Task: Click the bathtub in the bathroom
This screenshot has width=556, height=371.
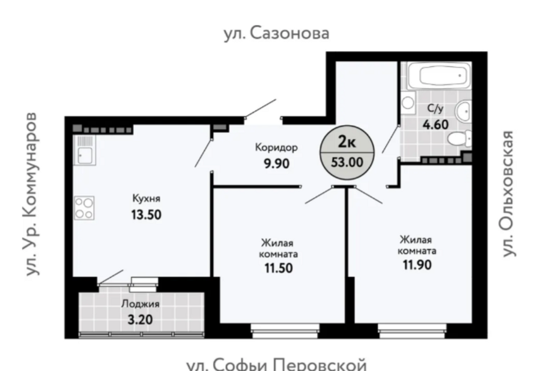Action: point(440,75)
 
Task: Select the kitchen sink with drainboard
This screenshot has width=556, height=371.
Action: point(85,150)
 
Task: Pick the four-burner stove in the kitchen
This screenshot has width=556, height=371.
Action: point(85,208)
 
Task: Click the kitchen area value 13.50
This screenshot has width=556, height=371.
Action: point(146,215)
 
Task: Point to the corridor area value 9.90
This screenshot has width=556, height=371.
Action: point(276,163)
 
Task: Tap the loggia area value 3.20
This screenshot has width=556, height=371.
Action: point(140,319)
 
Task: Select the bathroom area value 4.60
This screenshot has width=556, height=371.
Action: point(436,125)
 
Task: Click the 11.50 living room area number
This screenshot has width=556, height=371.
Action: point(279,268)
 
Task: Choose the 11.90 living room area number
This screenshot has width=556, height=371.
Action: point(417,265)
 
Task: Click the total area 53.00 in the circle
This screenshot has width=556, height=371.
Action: point(347,162)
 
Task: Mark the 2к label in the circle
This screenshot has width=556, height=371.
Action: point(347,141)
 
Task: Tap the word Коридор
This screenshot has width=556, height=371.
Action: point(276,147)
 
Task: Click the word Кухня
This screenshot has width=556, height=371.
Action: point(146,198)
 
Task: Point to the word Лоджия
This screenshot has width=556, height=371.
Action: point(140,304)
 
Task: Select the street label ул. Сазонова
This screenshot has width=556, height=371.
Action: point(277,34)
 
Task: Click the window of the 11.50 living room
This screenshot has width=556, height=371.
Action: point(286,330)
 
